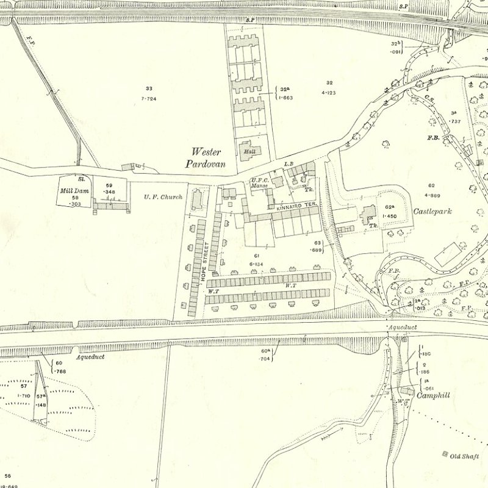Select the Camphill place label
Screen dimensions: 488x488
point(433,395)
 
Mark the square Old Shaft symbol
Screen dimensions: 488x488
point(445,454)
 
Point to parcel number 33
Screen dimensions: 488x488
point(149,88)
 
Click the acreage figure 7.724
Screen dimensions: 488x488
point(149,98)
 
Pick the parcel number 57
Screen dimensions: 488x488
point(24,386)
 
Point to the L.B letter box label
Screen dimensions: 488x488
point(290,164)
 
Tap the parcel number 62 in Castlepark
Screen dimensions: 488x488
point(431,185)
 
